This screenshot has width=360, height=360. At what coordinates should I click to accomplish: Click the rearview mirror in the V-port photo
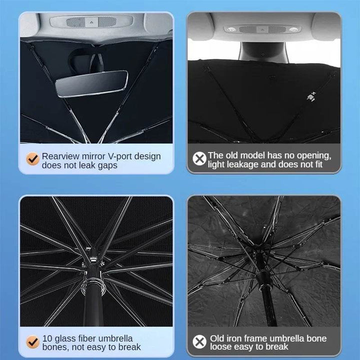click(91, 83)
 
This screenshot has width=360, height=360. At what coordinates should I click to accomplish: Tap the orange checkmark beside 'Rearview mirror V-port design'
click(33, 158)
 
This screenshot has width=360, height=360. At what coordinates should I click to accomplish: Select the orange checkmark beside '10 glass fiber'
click(33, 342)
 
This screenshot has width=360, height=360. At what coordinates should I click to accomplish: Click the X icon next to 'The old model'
click(199, 158)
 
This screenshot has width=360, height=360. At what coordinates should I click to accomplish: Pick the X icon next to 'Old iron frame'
click(199, 341)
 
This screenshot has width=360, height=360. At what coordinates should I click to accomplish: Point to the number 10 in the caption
click(47, 338)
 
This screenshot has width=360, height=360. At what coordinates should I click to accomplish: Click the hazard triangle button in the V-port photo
click(91, 22)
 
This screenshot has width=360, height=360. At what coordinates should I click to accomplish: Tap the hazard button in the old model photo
click(262, 29)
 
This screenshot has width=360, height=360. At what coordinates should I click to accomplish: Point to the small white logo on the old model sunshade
click(311, 96)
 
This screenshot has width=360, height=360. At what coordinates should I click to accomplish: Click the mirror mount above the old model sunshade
click(263, 52)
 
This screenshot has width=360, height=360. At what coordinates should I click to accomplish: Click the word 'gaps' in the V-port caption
click(107, 165)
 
